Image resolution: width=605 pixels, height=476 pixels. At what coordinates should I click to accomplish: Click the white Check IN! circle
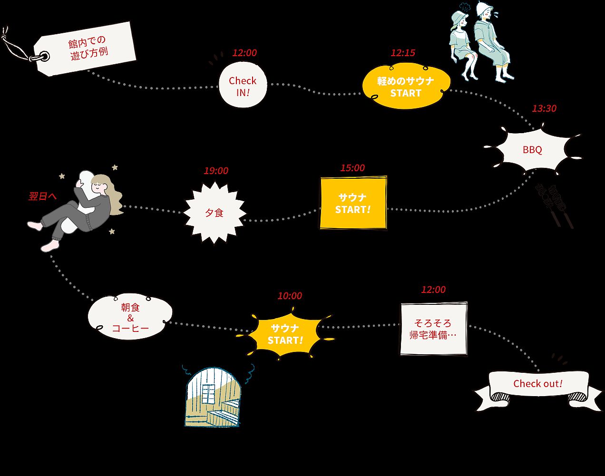click(242, 86)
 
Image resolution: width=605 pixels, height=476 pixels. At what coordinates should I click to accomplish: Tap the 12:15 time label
click(402, 53)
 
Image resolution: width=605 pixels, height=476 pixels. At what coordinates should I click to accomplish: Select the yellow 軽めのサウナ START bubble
click(406, 87)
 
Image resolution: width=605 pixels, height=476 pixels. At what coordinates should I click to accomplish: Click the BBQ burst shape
click(532, 150)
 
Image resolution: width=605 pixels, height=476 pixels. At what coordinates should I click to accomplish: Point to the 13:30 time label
click(544, 108)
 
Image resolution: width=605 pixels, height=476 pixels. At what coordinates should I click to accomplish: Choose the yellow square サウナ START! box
click(353, 203)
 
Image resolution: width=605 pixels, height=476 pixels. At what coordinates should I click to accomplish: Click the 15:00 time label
click(352, 168)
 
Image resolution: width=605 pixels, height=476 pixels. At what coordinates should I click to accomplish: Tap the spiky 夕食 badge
click(215, 213)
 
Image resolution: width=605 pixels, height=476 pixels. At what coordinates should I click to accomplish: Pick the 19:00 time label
click(216, 171)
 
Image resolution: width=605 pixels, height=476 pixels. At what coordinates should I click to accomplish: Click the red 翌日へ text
click(43, 196)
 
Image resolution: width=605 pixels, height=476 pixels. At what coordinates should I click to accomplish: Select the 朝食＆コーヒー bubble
click(130, 318)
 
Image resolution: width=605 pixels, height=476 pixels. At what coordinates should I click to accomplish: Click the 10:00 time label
click(290, 296)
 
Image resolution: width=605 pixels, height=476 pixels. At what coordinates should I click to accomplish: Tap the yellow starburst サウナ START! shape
click(285, 334)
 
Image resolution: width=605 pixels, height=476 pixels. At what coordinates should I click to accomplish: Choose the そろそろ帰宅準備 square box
click(433, 329)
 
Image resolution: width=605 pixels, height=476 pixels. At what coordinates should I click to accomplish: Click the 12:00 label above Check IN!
click(244, 53)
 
